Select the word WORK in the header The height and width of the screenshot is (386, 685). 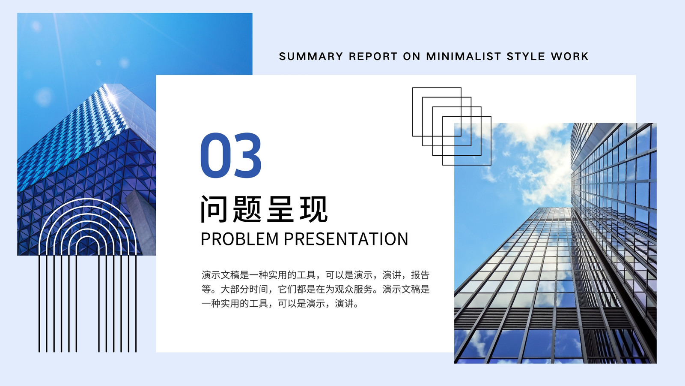point(570,56)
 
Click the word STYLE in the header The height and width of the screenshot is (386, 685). point(526,56)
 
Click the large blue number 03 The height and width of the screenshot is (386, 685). point(231,155)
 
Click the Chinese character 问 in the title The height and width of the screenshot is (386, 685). point(214,209)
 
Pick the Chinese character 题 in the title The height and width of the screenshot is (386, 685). point(247,209)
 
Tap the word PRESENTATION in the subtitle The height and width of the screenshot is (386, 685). point(346,239)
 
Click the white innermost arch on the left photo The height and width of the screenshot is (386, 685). point(88,236)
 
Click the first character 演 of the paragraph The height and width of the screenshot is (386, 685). point(206,275)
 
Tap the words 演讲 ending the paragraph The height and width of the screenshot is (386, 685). point(344,304)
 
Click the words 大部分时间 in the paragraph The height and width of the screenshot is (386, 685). point(244,289)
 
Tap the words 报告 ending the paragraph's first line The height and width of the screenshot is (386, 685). point(420,275)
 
